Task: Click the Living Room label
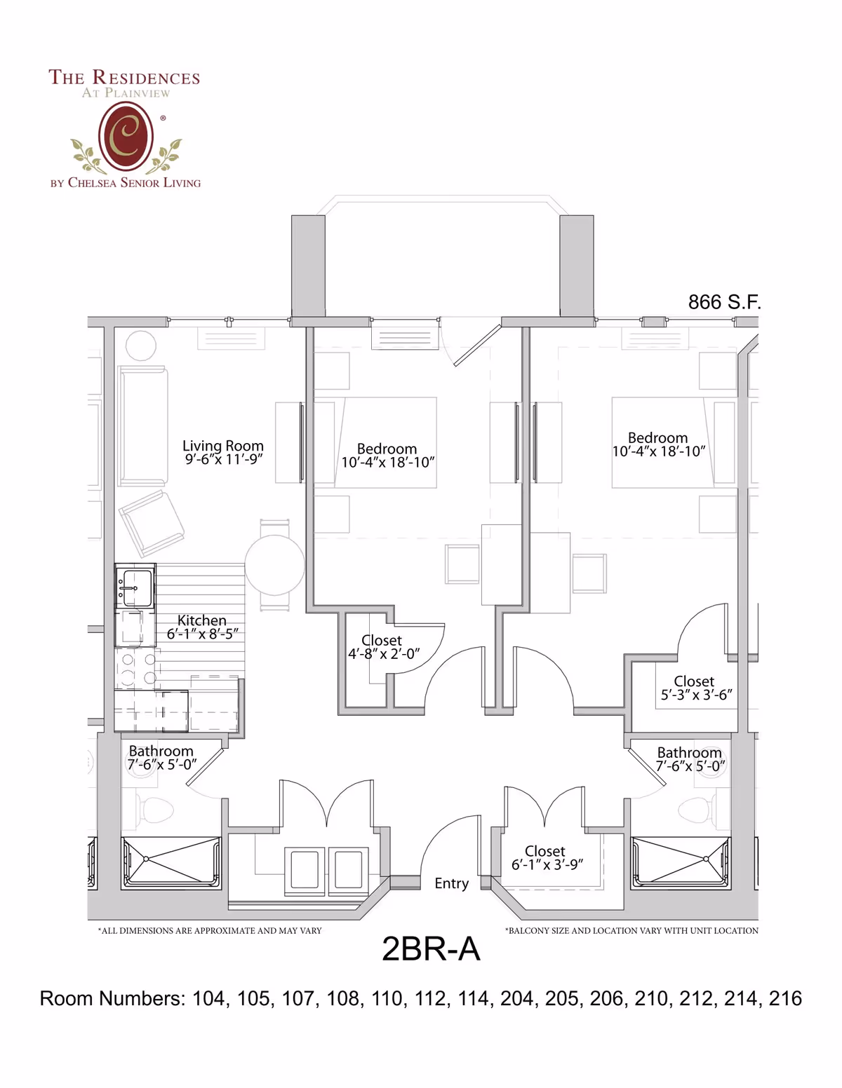pyautogui.click(x=222, y=445)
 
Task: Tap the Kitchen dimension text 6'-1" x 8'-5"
pyautogui.click(x=202, y=634)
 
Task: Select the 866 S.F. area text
pyautogui.click(x=724, y=302)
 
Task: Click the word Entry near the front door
pyautogui.click(x=451, y=884)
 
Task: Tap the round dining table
pyautogui.click(x=274, y=565)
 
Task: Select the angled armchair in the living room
pyautogui.click(x=152, y=523)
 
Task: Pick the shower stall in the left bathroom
pyautogui.click(x=171, y=862)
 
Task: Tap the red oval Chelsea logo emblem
pyautogui.click(x=126, y=136)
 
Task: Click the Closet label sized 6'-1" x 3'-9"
pyautogui.click(x=545, y=850)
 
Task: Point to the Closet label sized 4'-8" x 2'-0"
pyautogui.click(x=382, y=640)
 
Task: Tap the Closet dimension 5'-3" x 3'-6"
pyautogui.click(x=696, y=695)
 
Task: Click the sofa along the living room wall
pyautogui.click(x=142, y=426)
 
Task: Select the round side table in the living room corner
pyautogui.click(x=141, y=346)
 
